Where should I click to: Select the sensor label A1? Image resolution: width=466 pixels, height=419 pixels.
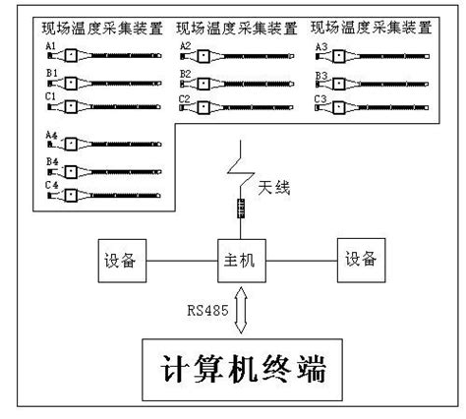click(50, 45)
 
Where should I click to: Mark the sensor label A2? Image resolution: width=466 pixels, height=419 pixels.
click(185, 45)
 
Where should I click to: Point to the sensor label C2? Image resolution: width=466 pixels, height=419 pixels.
click(185, 97)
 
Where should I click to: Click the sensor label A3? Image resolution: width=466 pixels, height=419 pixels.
click(320, 46)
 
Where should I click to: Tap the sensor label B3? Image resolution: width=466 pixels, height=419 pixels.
click(320, 74)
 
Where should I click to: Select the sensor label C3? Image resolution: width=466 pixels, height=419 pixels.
click(320, 98)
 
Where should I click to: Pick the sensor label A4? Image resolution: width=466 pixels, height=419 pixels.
click(51, 133)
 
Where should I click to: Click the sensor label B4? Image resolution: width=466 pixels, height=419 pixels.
click(51, 159)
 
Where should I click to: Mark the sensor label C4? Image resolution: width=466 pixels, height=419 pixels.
click(51, 184)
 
